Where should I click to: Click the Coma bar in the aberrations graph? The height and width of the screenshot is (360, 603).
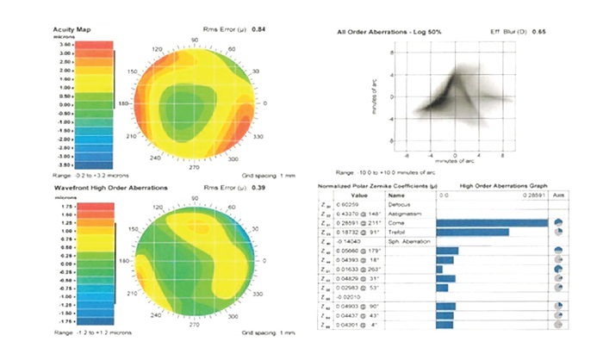tap(492, 221)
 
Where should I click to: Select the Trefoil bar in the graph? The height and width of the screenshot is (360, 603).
tap(472, 233)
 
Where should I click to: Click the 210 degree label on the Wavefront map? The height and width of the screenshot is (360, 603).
tap(133, 295)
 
